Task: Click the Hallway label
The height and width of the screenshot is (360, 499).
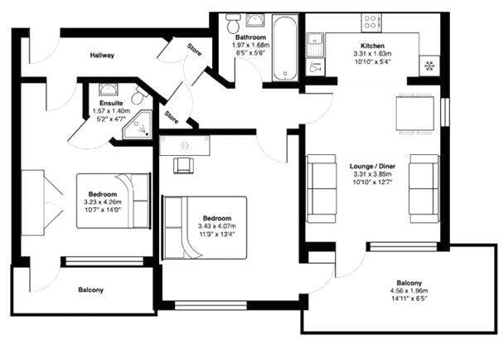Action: pyautogui.click(x=103, y=56)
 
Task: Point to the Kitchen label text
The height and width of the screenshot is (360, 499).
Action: pyautogui.click(x=372, y=46)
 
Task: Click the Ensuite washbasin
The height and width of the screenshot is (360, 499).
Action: pyautogui.click(x=108, y=89)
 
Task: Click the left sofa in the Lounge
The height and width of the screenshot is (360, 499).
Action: pyautogui.click(x=319, y=184)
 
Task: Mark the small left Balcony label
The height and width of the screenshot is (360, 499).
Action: pyautogui.click(x=90, y=289)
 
